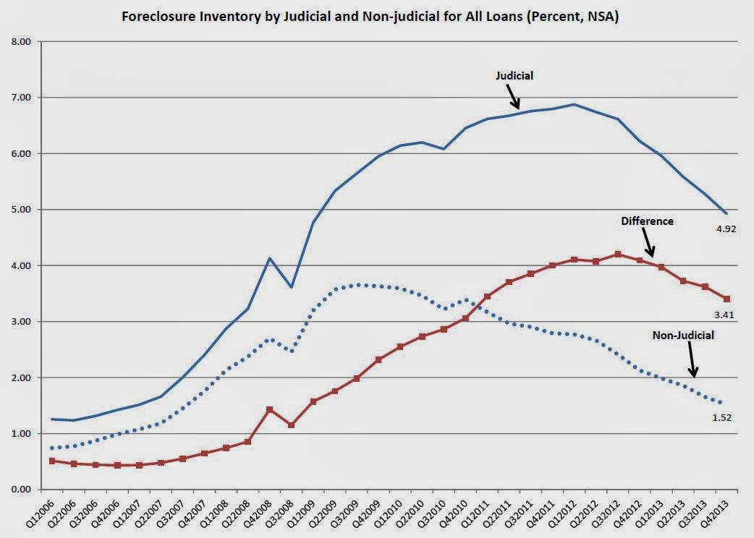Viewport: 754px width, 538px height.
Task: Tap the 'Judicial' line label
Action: tap(514, 75)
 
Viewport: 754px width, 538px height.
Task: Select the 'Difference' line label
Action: tap(647, 221)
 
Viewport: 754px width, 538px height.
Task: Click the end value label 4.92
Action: tap(726, 228)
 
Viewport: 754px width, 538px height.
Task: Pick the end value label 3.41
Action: tap(726, 315)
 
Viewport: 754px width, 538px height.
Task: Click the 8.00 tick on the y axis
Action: tap(21, 42)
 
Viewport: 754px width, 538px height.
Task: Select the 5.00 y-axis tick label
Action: tap(21, 210)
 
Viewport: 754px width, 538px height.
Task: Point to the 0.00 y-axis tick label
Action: tap(21, 490)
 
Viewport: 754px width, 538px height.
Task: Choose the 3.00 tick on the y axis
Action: tap(21, 322)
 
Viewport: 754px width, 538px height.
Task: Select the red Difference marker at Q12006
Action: tap(53, 461)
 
